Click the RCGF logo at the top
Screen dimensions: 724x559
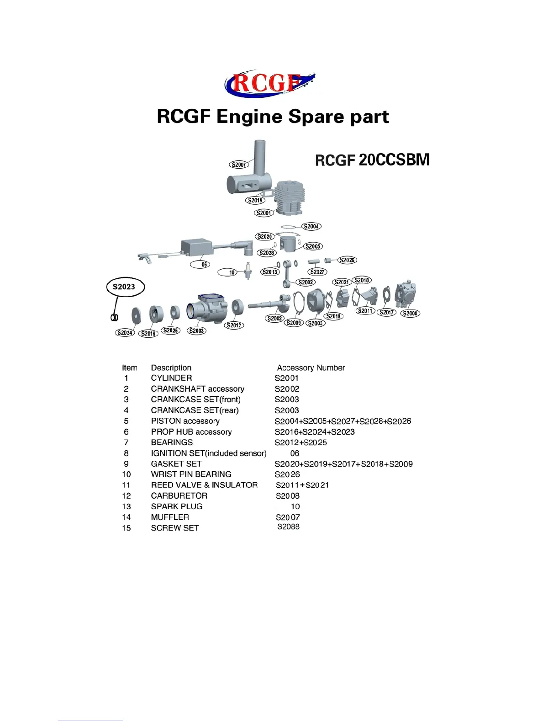(x=269, y=84)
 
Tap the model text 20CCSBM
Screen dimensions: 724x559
(x=394, y=160)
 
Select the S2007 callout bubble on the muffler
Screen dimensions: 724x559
(x=238, y=165)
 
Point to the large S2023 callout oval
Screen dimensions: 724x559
(x=124, y=287)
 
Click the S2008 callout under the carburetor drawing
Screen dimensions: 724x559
(x=410, y=314)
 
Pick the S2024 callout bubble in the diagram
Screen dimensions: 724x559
(x=125, y=333)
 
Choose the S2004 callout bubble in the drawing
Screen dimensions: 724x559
(x=311, y=226)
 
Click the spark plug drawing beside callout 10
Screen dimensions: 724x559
(x=248, y=271)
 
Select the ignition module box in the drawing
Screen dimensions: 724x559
(x=196, y=248)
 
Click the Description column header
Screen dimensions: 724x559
(x=171, y=368)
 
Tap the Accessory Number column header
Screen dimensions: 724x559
(x=311, y=368)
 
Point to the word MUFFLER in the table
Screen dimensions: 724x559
(x=170, y=517)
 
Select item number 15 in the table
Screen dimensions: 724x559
(x=127, y=528)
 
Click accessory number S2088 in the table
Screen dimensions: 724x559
(x=288, y=527)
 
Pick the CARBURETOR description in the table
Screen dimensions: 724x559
(x=179, y=496)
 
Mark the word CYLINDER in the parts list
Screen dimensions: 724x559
(x=171, y=378)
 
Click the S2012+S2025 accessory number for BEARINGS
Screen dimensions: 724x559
(x=301, y=442)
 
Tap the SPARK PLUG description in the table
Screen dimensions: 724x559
(x=177, y=506)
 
